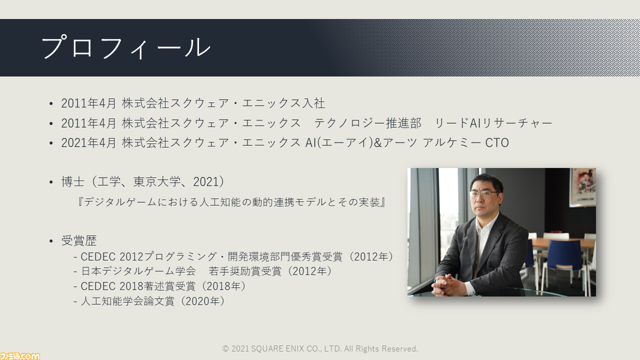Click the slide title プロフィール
point(126,47)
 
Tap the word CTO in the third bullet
point(497,143)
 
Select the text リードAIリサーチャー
point(493,123)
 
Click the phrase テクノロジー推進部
point(367,123)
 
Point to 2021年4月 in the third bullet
point(88,143)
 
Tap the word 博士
point(73,181)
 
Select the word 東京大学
point(157,181)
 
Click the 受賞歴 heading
point(79,240)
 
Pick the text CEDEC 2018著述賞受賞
point(138,286)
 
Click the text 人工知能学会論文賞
point(127,301)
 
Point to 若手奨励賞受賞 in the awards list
point(245,271)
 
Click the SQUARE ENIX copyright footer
point(320,348)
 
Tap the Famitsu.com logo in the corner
point(19,356)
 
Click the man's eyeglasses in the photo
point(483,194)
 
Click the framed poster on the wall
point(583,187)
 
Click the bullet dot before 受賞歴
point(51,241)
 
